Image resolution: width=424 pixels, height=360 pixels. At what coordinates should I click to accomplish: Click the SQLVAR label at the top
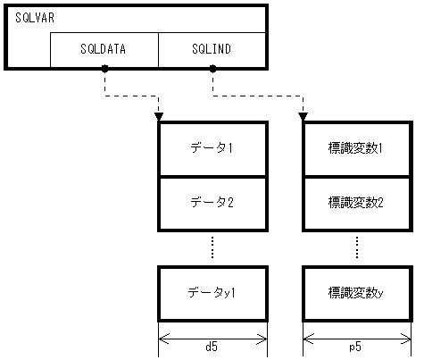pyautogui.click(x=34, y=19)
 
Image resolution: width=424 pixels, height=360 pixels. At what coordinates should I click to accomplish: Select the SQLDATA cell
pyautogui.click(x=104, y=50)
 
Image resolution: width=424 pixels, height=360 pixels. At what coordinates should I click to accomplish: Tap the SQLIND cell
pyautogui.click(x=212, y=50)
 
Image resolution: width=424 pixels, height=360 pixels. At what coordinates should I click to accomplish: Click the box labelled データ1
pyautogui.click(x=212, y=147)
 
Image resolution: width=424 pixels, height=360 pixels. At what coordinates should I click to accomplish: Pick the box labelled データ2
pyautogui.click(x=212, y=203)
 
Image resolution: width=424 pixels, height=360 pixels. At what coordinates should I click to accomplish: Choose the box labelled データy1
pyautogui.click(x=212, y=292)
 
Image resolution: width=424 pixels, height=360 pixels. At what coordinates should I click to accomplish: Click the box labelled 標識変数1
pyautogui.click(x=356, y=147)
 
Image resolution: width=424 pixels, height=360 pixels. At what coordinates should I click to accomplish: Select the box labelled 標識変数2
pyautogui.click(x=356, y=203)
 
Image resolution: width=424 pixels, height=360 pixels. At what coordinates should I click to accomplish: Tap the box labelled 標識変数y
pyautogui.click(x=356, y=292)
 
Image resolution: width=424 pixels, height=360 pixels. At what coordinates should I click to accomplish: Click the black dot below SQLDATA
pyautogui.click(x=104, y=69)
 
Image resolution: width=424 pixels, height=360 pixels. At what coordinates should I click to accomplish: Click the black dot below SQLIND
pyautogui.click(x=212, y=69)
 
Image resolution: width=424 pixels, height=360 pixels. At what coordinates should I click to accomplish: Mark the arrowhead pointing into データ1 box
pyautogui.click(x=159, y=115)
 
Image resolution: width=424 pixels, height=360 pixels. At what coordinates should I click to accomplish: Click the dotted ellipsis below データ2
pyautogui.click(x=212, y=247)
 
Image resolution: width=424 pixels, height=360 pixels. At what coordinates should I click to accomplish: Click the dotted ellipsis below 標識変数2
pyautogui.click(x=356, y=247)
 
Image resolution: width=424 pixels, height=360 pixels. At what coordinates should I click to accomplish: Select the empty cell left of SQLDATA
pyautogui.click(x=29, y=50)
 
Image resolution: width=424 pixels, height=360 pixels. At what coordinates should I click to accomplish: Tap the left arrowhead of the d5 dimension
pyautogui.click(x=162, y=338)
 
